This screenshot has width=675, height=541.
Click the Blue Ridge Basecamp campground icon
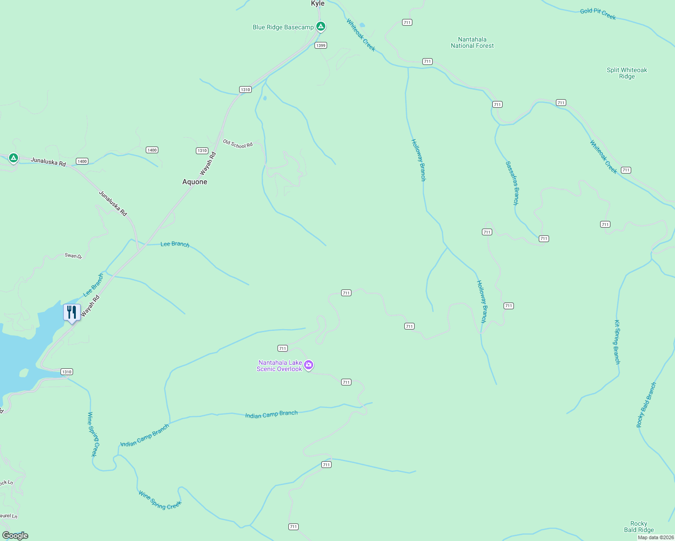point(320,27)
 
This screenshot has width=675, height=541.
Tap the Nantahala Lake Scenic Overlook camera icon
point(309,365)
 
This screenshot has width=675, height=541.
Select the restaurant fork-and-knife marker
point(72,312)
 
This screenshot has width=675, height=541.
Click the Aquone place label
point(195,182)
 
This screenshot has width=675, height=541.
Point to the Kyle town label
point(318,4)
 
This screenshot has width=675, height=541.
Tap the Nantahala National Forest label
point(472,43)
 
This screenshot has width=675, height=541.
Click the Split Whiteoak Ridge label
point(627,73)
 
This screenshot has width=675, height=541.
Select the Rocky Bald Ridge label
point(639,527)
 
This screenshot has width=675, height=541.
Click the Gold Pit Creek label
point(598,13)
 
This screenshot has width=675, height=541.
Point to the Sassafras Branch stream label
point(512,183)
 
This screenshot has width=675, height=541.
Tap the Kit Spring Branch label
point(617,342)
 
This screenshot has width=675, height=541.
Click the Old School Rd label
point(238,144)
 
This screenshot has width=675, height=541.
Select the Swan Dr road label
point(73,256)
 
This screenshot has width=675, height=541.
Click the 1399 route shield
point(321,46)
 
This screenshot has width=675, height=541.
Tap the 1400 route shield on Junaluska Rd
point(82,161)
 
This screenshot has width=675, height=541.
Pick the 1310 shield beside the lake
point(67,372)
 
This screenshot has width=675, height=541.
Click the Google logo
point(15,536)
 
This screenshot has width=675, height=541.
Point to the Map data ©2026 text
point(656,537)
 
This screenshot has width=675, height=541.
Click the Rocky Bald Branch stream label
point(646,405)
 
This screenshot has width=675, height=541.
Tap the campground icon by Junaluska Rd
point(14,158)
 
